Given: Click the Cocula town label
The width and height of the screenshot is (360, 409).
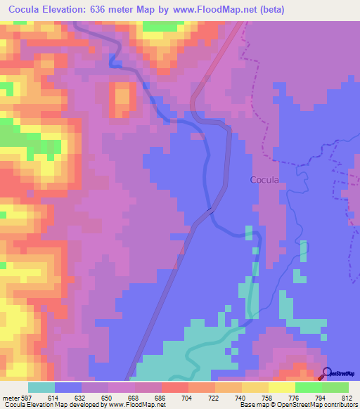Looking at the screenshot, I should click(x=265, y=179).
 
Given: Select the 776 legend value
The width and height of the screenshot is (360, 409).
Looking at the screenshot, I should click(x=295, y=397).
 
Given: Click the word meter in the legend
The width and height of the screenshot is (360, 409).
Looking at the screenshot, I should click(x=10, y=397).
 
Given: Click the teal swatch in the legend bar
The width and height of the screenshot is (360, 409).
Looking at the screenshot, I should click(x=41, y=387).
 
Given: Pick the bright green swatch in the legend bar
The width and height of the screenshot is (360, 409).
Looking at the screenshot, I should click(x=308, y=387).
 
